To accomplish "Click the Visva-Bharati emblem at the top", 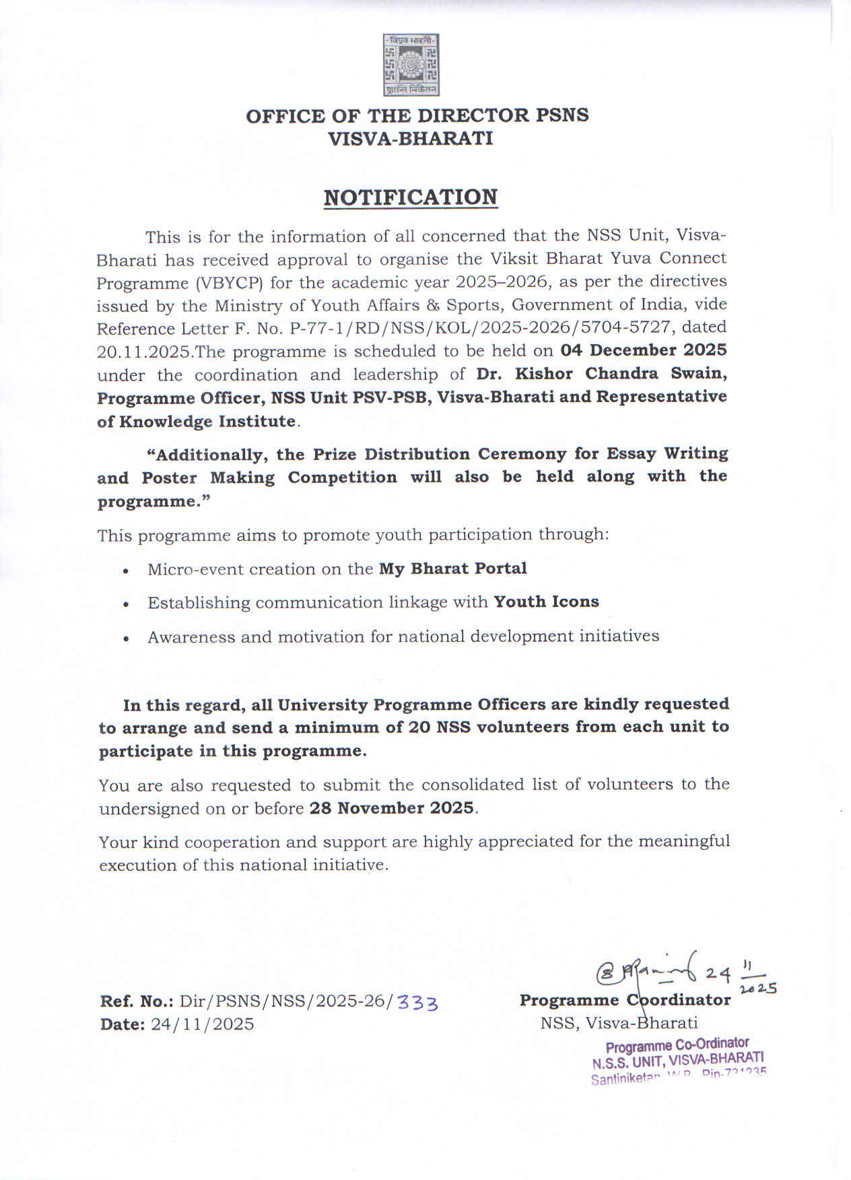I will click(x=411, y=65).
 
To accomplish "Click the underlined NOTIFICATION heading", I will click(x=411, y=197).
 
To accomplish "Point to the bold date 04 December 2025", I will click(x=644, y=350).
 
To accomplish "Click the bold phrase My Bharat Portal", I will click(x=453, y=568).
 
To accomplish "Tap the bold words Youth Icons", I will click(x=546, y=601).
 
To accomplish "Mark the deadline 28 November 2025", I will click(x=392, y=808).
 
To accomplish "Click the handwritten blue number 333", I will click(x=417, y=1002).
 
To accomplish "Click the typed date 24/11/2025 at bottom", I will click(x=203, y=1024).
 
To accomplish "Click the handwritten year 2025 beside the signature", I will click(x=758, y=988).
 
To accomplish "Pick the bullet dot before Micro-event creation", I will click(x=126, y=570).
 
